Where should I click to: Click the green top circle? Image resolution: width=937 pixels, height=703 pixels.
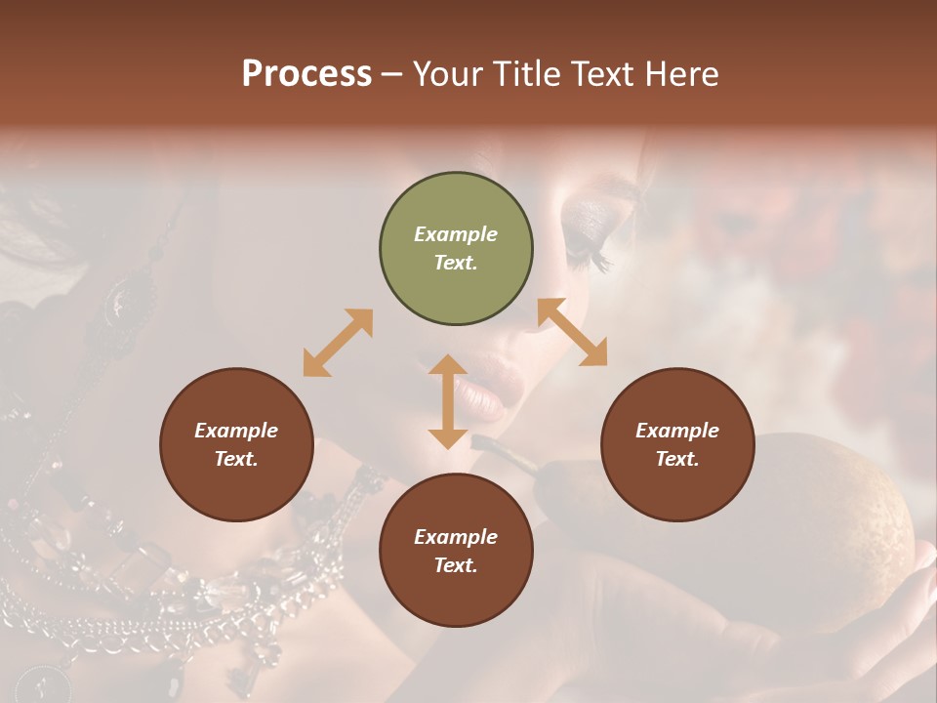pyautogui.click(x=456, y=249)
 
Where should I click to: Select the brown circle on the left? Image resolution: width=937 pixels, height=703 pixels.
pyautogui.click(x=236, y=444)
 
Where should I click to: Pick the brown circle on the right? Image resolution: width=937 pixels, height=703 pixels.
pyautogui.click(x=677, y=444)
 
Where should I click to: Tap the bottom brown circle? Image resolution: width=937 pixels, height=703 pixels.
pyautogui.click(x=456, y=551)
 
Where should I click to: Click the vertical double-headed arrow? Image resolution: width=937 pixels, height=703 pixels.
pyautogui.click(x=448, y=401)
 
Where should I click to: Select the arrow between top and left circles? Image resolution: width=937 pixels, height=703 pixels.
pyautogui.click(x=338, y=343)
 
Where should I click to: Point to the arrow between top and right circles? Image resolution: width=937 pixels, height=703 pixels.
pyautogui.click(x=572, y=332)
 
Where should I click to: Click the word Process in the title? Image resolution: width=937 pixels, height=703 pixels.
pyautogui.click(x=306, y=74)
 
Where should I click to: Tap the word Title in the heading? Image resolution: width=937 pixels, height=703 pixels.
pyautogui.click(x=527, y=74)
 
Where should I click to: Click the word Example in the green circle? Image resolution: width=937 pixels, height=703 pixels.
pyautogui.click(x=456, y=234)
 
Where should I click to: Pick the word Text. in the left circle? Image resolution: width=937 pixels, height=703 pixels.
pyautogui.click(x=236, y=459)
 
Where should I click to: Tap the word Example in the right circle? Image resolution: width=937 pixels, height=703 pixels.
pyautogui.click(x=677, y=431)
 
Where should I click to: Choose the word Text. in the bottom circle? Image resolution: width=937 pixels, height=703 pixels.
pyautogui.click(x=456, y=565)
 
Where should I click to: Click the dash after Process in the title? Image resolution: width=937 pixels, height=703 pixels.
pyautogui.click(x=392, y=74)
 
